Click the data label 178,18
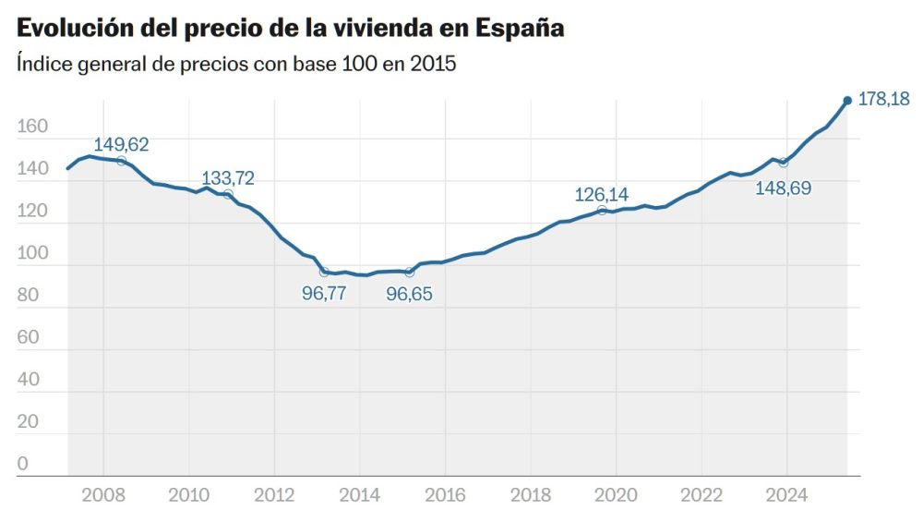[883, 99]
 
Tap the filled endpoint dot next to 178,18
[847, 101]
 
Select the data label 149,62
[121, 144]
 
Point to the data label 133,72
[228, 177]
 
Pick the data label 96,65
[409, 295]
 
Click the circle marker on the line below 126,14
[602, 211]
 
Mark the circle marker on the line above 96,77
[324, 272]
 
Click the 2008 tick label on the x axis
[103, 493]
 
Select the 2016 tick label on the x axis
[445, 493]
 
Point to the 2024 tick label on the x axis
[787, 493]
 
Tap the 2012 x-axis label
[274, 493]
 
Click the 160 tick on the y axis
[30, 127]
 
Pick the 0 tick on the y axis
[23, 464]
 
